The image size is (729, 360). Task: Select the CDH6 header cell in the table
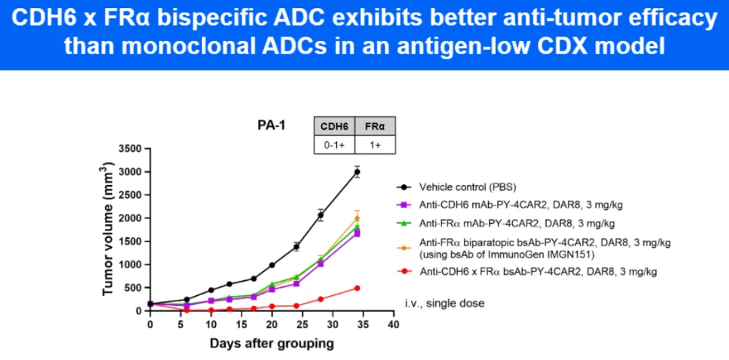[334, 126]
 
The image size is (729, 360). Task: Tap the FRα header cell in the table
[375, 126]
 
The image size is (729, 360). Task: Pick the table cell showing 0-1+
[334, 145]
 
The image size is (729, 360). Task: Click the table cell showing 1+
[375, 145]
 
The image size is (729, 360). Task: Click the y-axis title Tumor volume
[108, 230]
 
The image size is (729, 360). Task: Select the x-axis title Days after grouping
[271, 344]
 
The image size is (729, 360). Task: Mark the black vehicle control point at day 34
[356, 172]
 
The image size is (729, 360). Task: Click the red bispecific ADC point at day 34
[356, 288]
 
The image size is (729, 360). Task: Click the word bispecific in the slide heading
[183, 19]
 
